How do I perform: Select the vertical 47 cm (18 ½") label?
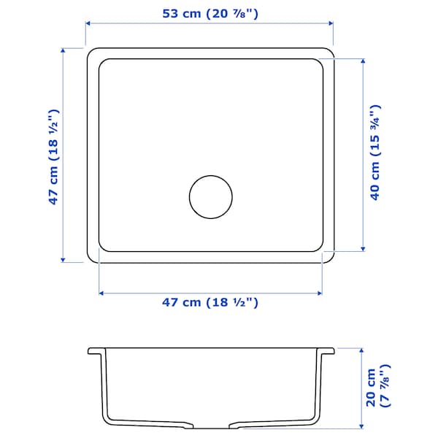pyautogui.click(x=53, y=157)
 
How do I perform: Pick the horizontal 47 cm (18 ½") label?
pyautogui.click(x=210, y=301)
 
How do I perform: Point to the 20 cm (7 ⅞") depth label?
pyautogui.click(x=378, y=387)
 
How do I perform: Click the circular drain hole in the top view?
pyautogui.click(x=210, y=196)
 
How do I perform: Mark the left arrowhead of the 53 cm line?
pyautogui.click(x=88, y=23)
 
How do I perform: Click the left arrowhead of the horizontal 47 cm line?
pyautogui.click(x=101, y=293)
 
